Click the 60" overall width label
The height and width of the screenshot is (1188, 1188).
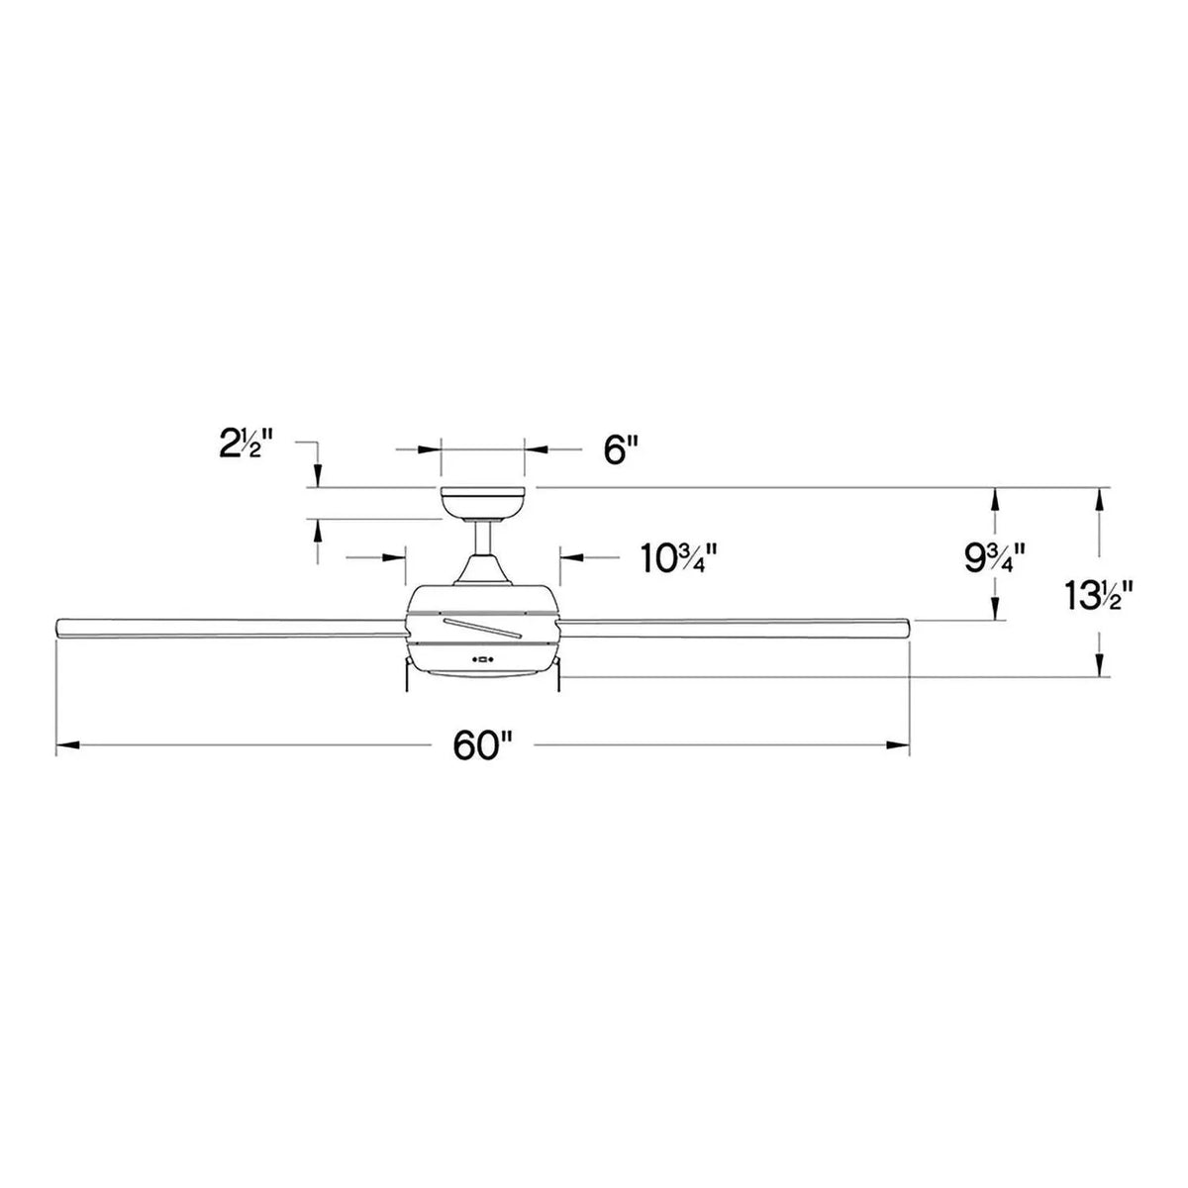(481, 746)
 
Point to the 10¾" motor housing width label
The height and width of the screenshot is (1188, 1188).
(678, 559)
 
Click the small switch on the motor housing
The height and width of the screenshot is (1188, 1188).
(483, 657)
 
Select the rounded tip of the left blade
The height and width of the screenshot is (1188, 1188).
(59, 628)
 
